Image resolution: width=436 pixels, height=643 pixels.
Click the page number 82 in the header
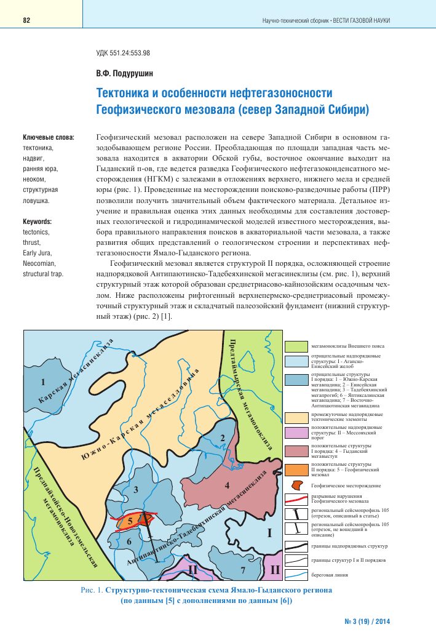click(26, 20)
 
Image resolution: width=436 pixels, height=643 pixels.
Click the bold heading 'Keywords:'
click(37, 222)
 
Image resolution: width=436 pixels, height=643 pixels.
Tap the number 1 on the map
click(42, 383)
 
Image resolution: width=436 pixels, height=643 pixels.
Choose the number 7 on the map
click(244, 571)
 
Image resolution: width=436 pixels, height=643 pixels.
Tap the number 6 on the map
click(129, 541)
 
